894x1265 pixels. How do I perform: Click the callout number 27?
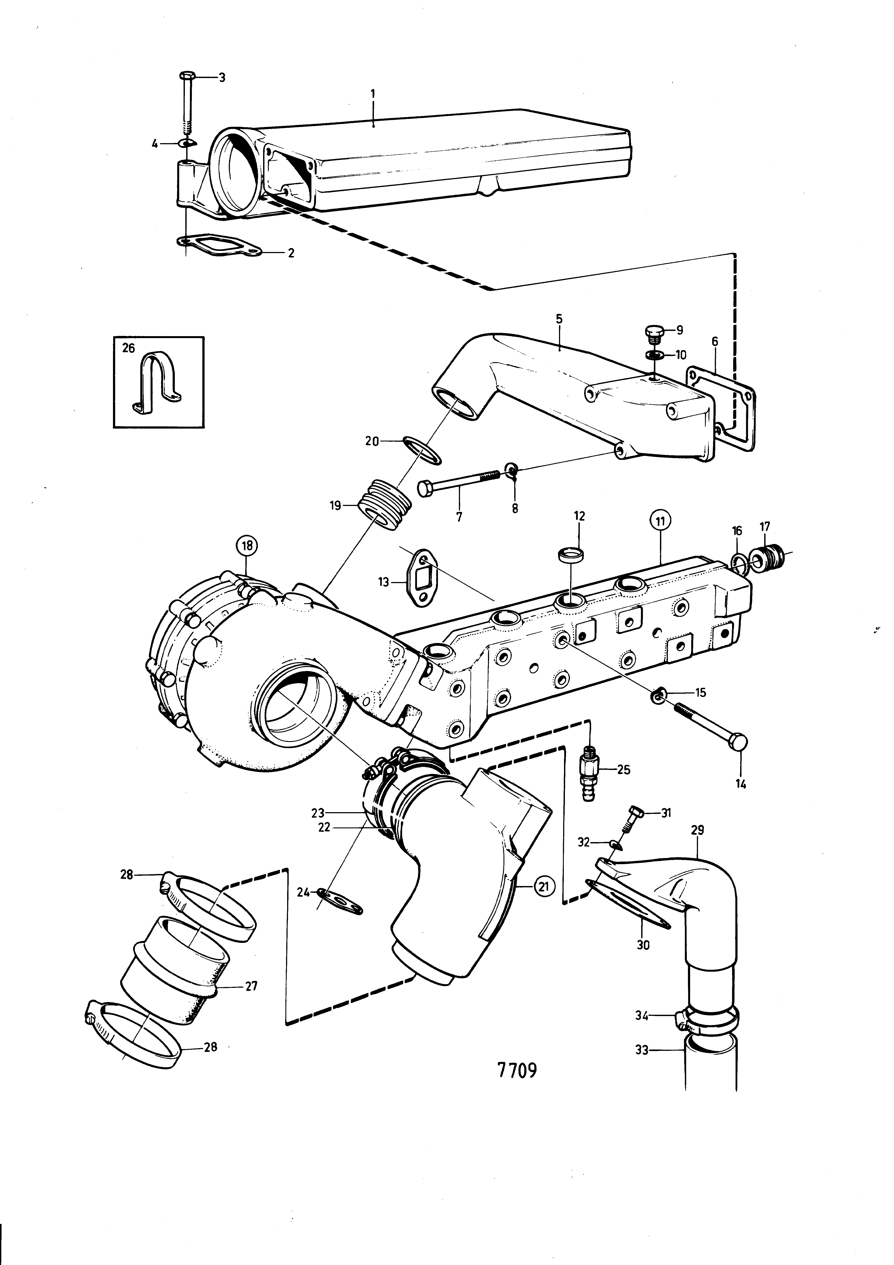click(x=251, y=986)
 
